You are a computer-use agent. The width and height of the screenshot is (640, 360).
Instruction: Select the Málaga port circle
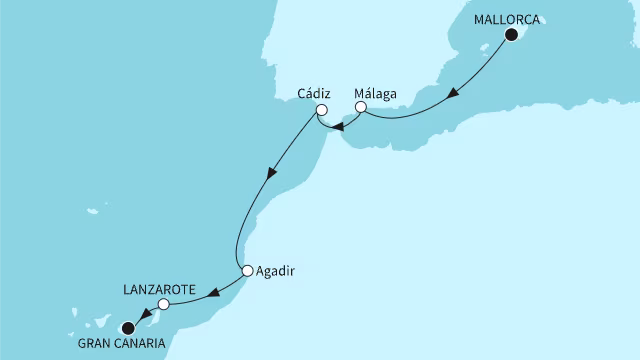(x=361, y=107)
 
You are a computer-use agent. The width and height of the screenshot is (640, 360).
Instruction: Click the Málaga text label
(x=376, y=94)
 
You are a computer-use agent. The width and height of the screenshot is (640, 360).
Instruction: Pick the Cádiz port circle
(x=321, y=111)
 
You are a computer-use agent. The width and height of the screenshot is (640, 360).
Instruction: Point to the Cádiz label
(x=313, y=94)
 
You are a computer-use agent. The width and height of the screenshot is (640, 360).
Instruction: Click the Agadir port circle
(x=247, y=270)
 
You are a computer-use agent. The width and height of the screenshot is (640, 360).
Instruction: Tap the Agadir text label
(x=277, y=270)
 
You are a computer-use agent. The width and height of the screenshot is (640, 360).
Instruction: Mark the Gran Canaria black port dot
(x=127, y=327)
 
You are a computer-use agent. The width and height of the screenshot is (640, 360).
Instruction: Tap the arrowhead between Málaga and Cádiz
(x=338, y=126)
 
